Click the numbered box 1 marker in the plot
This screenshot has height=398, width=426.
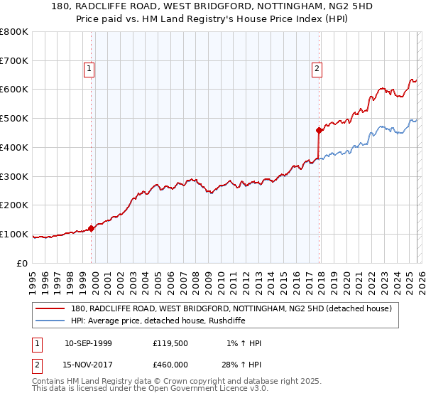point(89,69)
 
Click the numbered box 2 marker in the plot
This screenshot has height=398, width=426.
point(317,69)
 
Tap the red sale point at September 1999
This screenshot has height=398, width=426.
point(92,228)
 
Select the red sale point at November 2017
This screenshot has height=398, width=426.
point(319,130)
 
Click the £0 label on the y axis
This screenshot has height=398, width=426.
point(23,263)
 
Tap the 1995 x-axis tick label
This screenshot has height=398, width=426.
point(33,279)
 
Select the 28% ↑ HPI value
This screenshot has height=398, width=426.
point(241,364)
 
